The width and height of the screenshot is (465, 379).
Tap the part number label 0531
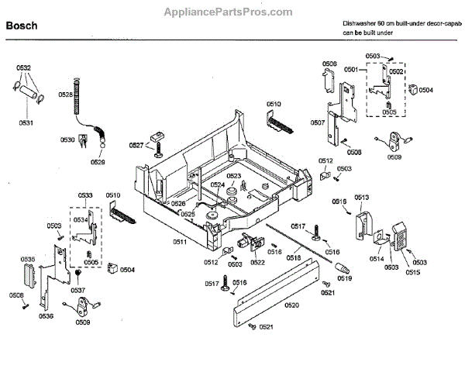(26, 122)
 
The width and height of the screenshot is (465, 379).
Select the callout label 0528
(65, 95)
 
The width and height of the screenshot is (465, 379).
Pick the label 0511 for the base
(180, 242)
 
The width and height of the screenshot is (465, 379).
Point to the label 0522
(257, 262)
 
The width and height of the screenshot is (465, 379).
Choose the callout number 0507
(318, 123)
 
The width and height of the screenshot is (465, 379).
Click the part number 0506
(329, 64)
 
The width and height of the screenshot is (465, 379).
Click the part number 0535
(27, 259)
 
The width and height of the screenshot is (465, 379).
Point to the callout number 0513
(361, 198)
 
